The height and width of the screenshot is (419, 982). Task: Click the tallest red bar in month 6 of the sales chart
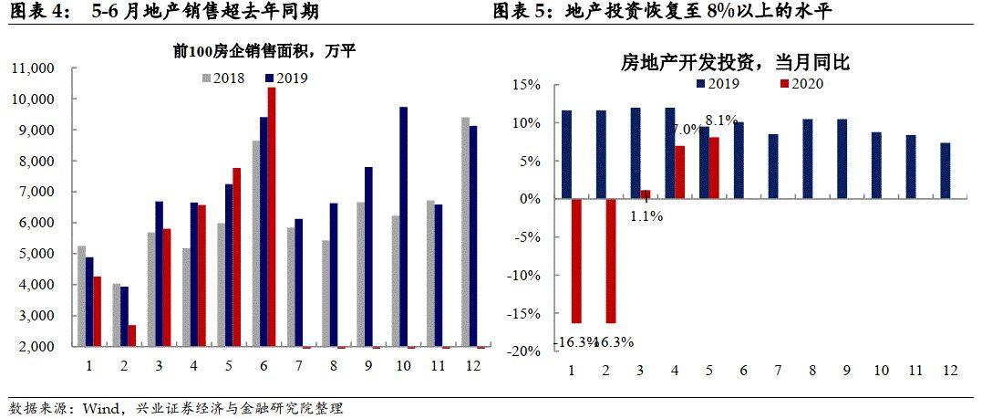coord(271,217)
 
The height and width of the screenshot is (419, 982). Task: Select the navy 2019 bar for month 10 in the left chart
coord(403,226)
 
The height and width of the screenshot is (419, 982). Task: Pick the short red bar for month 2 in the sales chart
coord(132,335)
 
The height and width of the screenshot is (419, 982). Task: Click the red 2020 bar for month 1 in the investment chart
coord(577,260)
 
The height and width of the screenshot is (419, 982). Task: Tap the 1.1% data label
coord(645,216)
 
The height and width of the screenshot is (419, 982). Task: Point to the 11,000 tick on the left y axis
coord(33,68)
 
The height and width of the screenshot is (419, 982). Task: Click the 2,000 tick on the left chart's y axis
coord(36,347)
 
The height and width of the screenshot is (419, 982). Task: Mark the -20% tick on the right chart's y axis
coord(525,351)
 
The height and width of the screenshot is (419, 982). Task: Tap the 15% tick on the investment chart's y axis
coord(528,85)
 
